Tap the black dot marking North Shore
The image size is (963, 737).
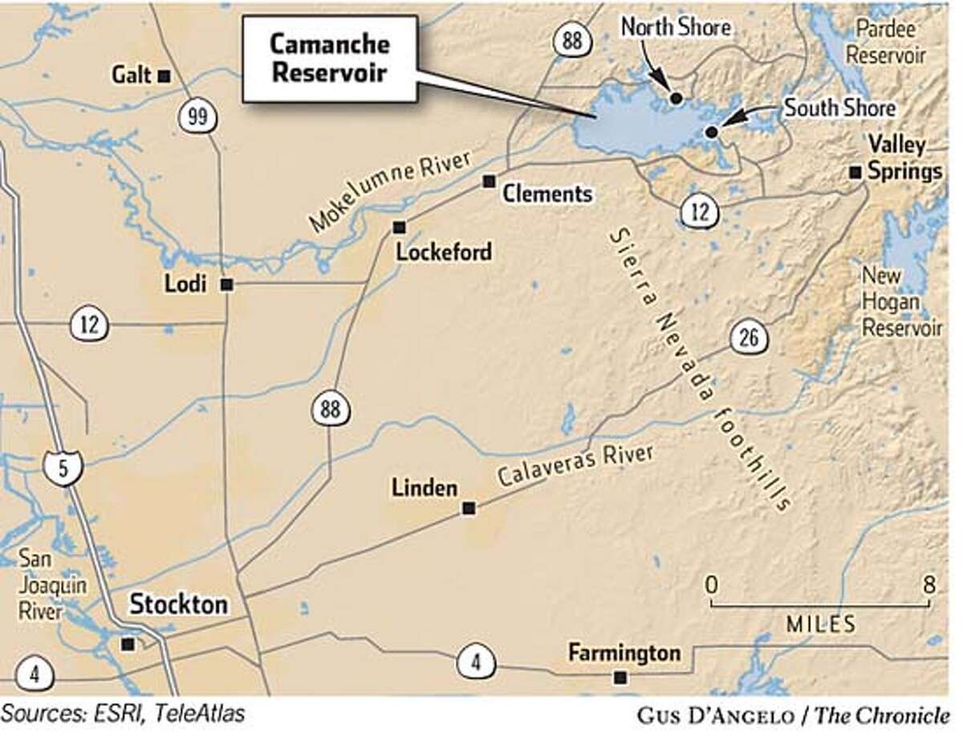tap(676, 98)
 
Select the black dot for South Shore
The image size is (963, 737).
tap(711, 132)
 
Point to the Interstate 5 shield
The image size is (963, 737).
tap(63, 467)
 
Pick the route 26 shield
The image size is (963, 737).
tap(748, 337)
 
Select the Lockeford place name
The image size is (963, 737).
tap(443, 251)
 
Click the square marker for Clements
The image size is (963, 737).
tap(488, 181)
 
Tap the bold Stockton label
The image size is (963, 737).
tap(179, 604)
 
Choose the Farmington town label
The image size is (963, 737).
tap(624, 653)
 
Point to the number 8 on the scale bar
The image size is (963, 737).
tap(929, 584)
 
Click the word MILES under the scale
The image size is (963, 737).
tap(820, 624)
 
